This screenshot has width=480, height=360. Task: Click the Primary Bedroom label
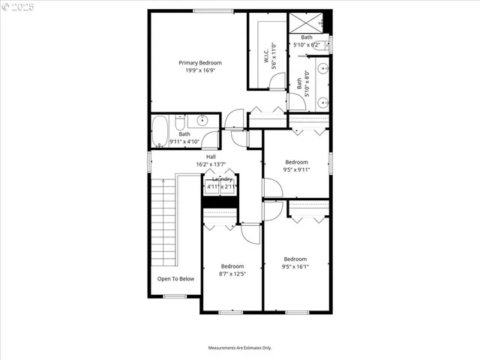point(199,63)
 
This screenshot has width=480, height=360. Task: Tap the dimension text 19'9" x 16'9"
point(199,72)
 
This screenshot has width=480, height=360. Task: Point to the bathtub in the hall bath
point(161,130)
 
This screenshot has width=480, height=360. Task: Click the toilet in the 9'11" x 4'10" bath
point(180,121)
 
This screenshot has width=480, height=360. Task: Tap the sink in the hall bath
point(202,120)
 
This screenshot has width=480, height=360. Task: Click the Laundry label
point(222,179)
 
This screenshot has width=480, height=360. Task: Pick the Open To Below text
point(175,278)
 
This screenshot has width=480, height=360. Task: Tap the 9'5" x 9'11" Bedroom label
point(295,162)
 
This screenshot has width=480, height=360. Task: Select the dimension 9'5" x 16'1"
point(295,266)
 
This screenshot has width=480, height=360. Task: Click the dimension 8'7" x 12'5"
point(232,274)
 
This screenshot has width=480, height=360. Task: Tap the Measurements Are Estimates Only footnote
point(240,348)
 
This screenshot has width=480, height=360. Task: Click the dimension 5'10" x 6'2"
point(307,45)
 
